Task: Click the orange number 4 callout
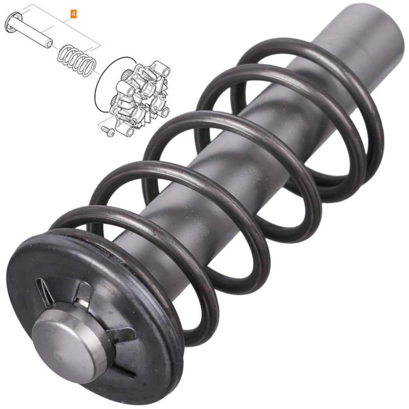73,14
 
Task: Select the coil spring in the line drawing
77,61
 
